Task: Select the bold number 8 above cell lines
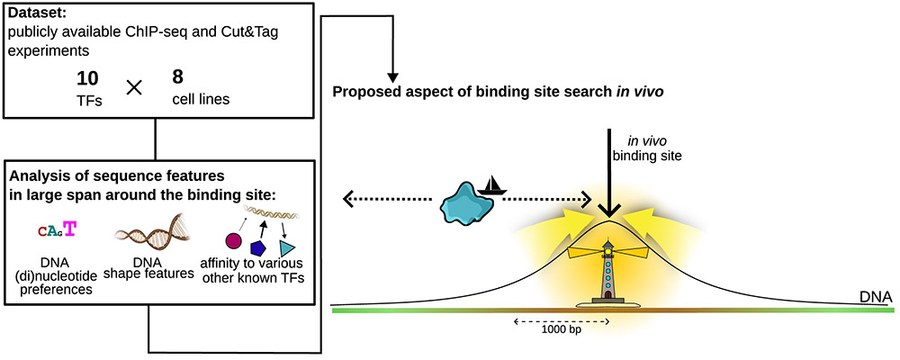[177, 76]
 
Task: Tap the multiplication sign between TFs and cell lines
[134, 88]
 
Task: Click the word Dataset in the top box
[31, 10]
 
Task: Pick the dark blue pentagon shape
[258, 248]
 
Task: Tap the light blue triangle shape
[287, 248]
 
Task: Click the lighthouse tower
[608, 271]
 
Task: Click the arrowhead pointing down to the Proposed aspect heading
[392, 76]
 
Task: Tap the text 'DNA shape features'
[148, 268]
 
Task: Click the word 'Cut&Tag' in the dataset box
[248, 32]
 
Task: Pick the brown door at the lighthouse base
[608, 295]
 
